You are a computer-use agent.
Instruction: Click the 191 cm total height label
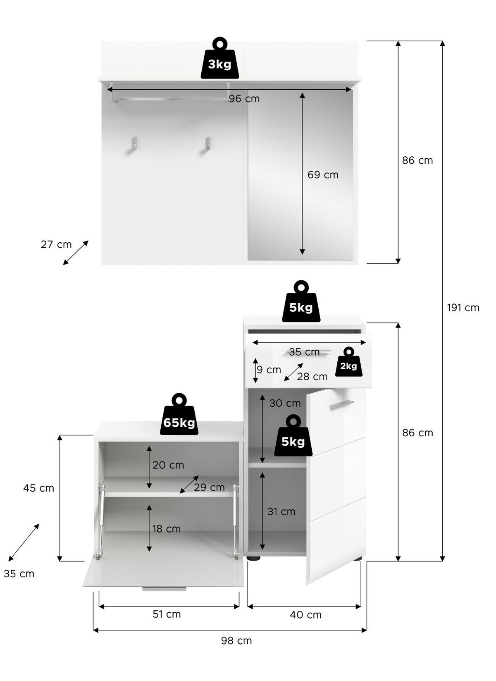click(463, 308)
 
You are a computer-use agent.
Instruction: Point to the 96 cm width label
click(244, 99)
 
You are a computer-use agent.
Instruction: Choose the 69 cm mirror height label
click(323, 175)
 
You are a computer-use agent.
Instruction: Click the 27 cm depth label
click(56, 244)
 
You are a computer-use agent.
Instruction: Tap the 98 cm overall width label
click(236, 640)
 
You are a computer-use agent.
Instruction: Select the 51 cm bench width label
click(167, 614)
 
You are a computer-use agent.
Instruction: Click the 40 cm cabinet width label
click(305, 615)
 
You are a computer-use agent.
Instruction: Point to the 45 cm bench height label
click(38, 488)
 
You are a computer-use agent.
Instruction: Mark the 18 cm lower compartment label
click(166, 529)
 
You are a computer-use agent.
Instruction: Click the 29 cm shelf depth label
click(209, 487)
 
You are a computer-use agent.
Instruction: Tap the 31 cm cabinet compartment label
click(281, 512)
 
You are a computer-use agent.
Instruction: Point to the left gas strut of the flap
click(100, 521)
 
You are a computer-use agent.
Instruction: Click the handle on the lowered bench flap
click(164, 588)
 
